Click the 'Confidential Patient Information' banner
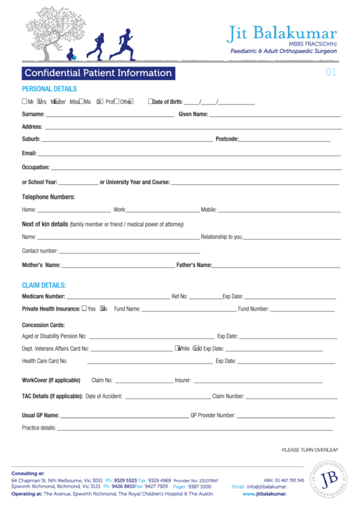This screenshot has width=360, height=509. [98, 73]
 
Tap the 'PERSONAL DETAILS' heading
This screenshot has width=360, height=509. [50, 89]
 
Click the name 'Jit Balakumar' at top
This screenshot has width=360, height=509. [282, 33]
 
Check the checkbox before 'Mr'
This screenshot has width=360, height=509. [24, 102]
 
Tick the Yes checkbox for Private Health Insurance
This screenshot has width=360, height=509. [84, 309]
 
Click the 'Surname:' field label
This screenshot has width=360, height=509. [33, 114]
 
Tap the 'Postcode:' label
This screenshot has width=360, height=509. [227, 139]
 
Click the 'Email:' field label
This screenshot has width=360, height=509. [29, 154]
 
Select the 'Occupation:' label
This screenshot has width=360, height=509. [36, 167]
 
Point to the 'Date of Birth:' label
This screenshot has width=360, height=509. [167, 102]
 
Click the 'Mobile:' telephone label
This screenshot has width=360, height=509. [209, 210]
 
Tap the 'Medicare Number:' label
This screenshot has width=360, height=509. [43, 296]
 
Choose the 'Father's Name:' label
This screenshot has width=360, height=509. [194, 265]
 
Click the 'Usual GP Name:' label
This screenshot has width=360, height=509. [41, 415]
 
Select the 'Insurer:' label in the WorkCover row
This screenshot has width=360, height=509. [183, 381]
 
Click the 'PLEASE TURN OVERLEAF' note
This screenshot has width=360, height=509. [310, 450]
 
